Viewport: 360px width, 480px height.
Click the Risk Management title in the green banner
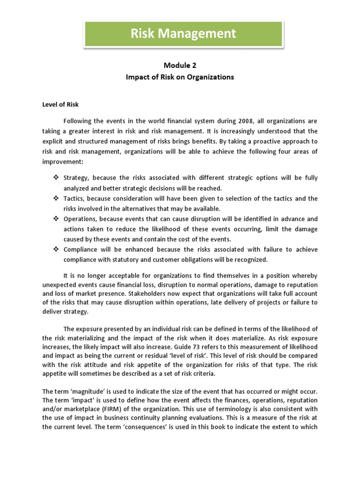tap(183, 34)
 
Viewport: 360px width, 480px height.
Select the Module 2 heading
tap(180, 66)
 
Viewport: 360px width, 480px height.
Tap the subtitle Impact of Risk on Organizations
tap(180, 77)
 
